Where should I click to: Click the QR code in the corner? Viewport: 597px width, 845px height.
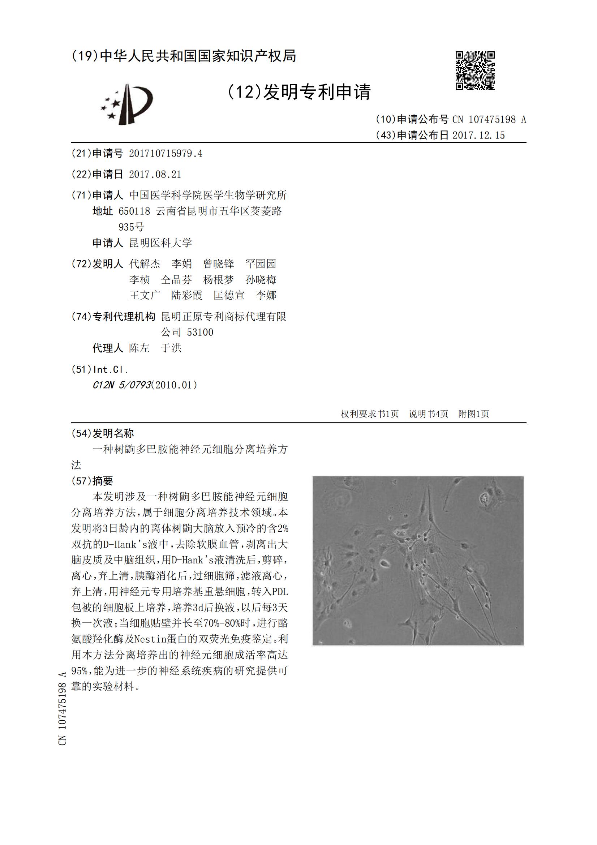pyautogui.click(x=475, y=70)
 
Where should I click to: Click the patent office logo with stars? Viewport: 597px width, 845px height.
pyautogui.click(x=127, y=104)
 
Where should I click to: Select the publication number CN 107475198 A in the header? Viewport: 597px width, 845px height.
pyautogui.click(x=489, y=119)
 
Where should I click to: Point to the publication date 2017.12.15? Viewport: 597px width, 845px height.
pyautogui.click(x=478, y=136)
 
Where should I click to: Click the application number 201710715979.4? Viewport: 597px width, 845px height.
pyautogui.click(x=165, y=154)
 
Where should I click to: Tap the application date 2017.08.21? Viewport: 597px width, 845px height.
pyautogui.click(x=155, y=174)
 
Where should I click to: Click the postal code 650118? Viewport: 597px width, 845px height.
pyautogui.click(x=134, y=211)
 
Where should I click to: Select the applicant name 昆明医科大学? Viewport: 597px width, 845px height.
pyautogui.click(x=160, y=243)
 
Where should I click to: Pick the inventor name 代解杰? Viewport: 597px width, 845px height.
pyautogui.click(x=145, y=263)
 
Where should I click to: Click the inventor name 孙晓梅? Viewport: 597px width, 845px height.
pyautogui.click(x=261, y=279)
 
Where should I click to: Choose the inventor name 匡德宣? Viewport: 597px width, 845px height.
pyautogui.click(x=229, y=295)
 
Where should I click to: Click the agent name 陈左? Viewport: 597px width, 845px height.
pyautogui.click(x=139, y=348)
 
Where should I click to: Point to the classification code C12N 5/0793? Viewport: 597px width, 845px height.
pyautogui.click(x=122, y=385)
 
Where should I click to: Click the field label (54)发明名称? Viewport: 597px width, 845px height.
pyautogui.click(x=103, y=433)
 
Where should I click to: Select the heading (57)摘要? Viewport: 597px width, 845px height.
pyautogui.click(x=93, y=481)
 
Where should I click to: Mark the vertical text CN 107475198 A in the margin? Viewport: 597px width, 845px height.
pyautogui.click(x=62, y=708)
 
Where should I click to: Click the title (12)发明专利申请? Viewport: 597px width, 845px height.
pyautogui.click(x=299, y=92)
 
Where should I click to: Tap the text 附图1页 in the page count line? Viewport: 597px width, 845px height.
pyautogui.click(x=473, y=414)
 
